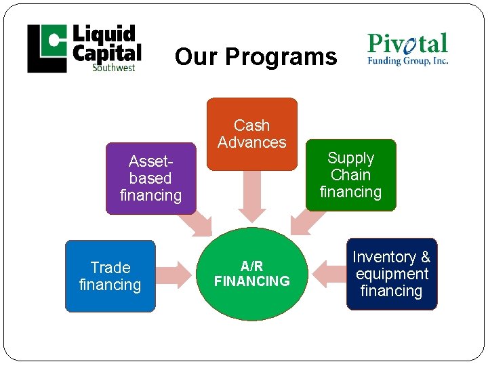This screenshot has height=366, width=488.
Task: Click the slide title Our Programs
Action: pyautogui.click(x=256, y=57)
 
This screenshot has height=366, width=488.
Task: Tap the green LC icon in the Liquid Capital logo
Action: pyautogui.click(x=47, y=48)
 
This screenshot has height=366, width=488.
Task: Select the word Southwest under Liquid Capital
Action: pyautogui.click(x=113, y=67)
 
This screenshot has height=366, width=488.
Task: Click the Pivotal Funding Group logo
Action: pyautogui.click(x=407, y=49)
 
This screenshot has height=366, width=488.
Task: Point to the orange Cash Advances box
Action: pyautogui.click(x=251, y=134)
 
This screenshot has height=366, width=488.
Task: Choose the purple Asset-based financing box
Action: pyautogui.click(x=150, y=178)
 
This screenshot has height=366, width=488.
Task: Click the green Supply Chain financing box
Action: pyautogui.click(x=350, y=175)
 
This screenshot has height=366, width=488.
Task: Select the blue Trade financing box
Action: pyautogui.click(x=110, y=276)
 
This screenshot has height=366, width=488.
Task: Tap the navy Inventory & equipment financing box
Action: pyautogui.click(x=391, y=274)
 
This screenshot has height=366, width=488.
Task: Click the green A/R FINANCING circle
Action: pyautogui.click(x=251, y=273)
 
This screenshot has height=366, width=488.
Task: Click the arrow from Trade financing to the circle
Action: pyautogui.click(x=176, y=274)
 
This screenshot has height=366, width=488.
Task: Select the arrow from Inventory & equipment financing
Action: pyautogui.click(x=329, y=274)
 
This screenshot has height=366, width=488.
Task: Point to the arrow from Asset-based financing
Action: pyautogui.click(x=197, y=224)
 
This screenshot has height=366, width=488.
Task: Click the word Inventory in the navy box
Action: pyautogui.click(x=384, y=257)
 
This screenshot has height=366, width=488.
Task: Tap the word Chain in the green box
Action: pyautogui.click(x=350, y=175)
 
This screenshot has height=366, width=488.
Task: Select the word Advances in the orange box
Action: pyautogui.click(x=251, y=142)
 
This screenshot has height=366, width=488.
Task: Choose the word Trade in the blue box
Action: pyautogui.click(x=110, y=268)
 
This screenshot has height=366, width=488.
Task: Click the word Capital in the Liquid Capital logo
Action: pyautogui.click(x=107, y=53)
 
